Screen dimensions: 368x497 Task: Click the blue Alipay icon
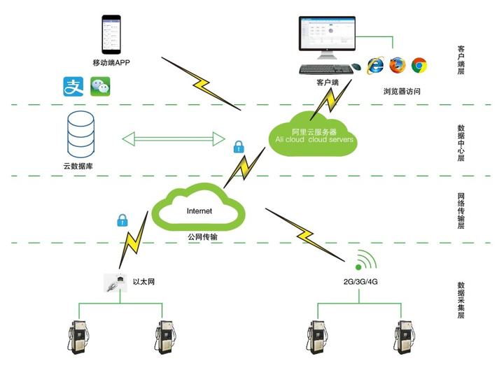73,87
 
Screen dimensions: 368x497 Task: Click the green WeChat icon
101,87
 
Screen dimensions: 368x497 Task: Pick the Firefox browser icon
398,66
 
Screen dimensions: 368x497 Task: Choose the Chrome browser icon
419,66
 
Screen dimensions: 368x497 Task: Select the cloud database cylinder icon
80,136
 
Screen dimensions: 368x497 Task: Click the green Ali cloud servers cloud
314,134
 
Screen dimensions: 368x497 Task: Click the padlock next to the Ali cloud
239,146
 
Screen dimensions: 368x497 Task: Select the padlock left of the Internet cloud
122,220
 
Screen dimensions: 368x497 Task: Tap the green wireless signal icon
365,262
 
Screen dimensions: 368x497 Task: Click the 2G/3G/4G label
360,282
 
